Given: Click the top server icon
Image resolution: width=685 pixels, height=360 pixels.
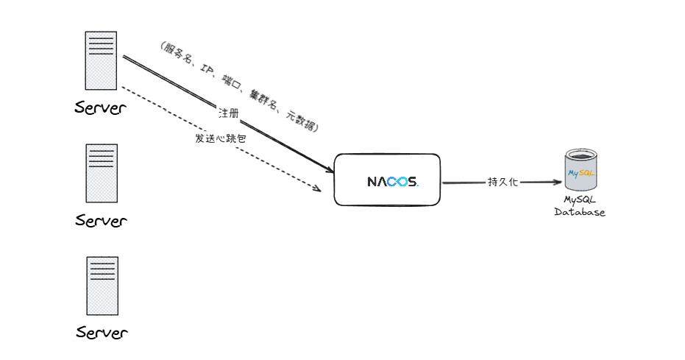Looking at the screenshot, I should [x=101, y=61].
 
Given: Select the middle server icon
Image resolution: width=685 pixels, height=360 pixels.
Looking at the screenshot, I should [x=102, y=173].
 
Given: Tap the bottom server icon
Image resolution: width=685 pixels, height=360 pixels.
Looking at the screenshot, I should [x=102, y=285].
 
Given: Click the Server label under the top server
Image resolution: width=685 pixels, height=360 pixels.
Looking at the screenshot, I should [x=101, y=109].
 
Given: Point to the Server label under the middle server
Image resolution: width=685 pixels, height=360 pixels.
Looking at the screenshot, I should [x=102, y=220].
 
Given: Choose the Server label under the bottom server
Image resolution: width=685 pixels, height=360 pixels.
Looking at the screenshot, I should [x=102, y=333].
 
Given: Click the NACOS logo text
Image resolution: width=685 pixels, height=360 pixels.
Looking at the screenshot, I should [x=393, y=181].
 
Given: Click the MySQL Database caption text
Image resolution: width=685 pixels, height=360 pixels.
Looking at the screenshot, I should [x=580, y=206].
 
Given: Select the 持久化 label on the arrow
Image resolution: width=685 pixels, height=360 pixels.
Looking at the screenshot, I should [x=503, y=181].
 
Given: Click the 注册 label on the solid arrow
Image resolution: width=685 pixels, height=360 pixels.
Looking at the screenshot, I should [x=228, y=113].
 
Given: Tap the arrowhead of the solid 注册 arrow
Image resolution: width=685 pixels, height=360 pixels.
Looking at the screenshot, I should [x=327, y=169].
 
